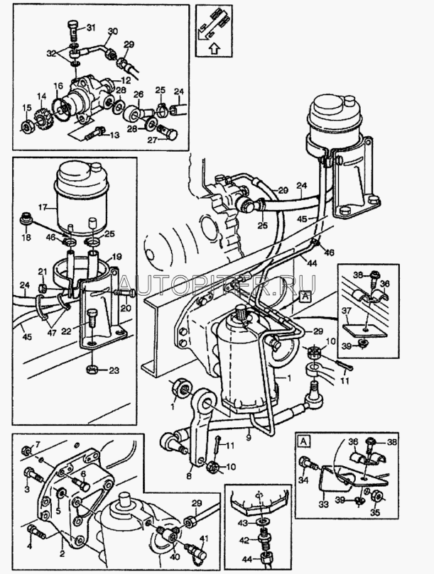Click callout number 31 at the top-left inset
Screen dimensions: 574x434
pyautogui.click(x=91, y=28)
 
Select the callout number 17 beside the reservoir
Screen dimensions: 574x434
pyautogui.click(x=43, y=208)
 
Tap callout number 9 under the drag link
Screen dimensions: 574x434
pyautogui.click(x=249, y=438)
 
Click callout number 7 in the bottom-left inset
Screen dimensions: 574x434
pyautogui.click(x=38, y=444)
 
